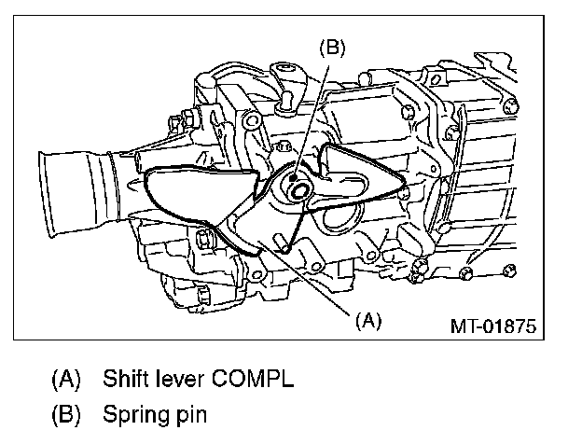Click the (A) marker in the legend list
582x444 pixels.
tap(65, 381)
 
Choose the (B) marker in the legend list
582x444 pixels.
tap(65, 412)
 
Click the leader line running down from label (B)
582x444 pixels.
tap(309, 112)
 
